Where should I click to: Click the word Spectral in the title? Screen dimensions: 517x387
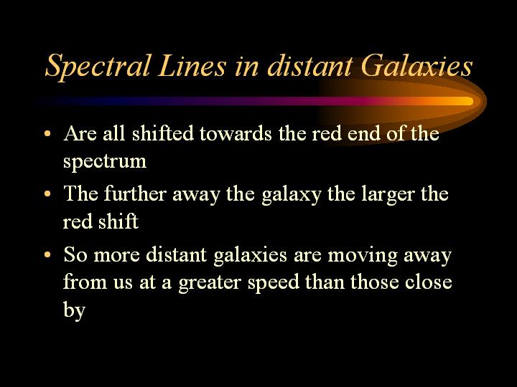[x=98, y=67]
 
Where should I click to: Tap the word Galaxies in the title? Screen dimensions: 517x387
[x=416, y=65]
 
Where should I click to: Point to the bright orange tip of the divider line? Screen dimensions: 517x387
[x=472, y=101]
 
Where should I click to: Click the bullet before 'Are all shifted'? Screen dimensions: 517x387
[x=47, y=133]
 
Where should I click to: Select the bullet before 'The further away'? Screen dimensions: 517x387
[x=47, y=193]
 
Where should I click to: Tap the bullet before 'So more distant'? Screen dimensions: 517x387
[x=47, y=254]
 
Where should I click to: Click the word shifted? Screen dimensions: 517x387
[x=162, y=133]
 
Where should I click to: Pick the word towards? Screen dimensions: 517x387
[x=236, y=133]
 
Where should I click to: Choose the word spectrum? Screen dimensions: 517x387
[x=105, y=162]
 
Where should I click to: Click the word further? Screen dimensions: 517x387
[x=135, y=193]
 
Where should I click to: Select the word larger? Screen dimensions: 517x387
[x=388, y=194]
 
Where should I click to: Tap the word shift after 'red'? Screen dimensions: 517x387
[x=118, y=221]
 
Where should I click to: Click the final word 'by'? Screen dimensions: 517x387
[x=74, y=310]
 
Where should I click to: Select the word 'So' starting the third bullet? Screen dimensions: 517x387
[x=75, y=254]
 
